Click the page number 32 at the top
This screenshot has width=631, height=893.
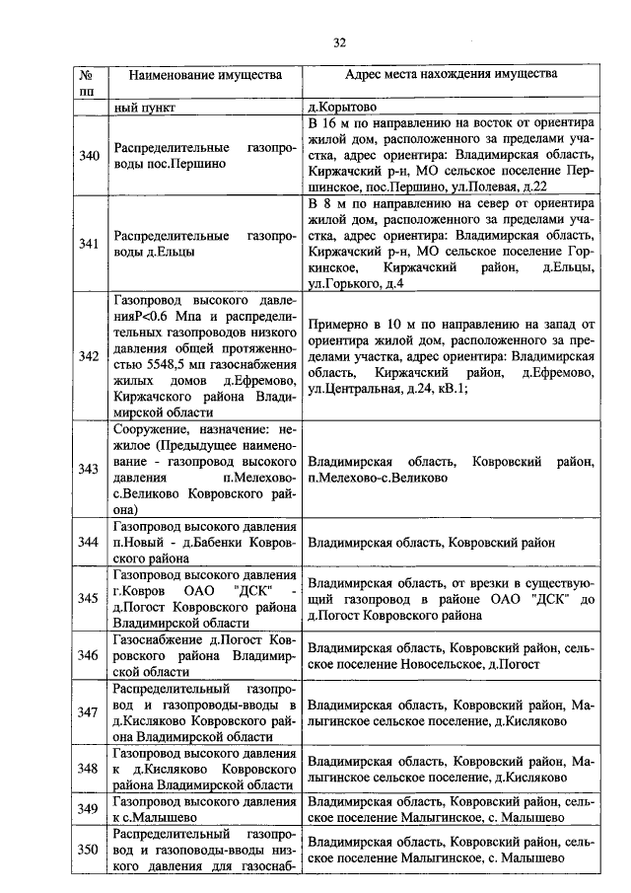[x=339, y=42]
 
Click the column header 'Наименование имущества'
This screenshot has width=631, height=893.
[x=204, y=75]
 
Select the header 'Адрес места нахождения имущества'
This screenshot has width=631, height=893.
[x=451, y=75]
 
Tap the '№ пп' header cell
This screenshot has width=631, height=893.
[x=88, y=83]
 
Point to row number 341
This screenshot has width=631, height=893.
[x=88, y=245]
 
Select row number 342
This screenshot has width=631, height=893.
[x=88, y=356]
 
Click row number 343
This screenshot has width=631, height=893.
[x=88, y=469]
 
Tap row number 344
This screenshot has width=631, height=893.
[x=88, y=542]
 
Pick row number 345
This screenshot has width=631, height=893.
[x=88, y=598]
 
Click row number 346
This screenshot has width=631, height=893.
[x=88, y=654]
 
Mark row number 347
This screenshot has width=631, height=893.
[x=88, y=711]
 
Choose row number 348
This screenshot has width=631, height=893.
[x=88, y=769]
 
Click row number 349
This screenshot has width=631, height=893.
[x=88, y=809]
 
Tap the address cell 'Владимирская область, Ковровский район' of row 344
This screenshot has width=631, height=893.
[x=431, y=543]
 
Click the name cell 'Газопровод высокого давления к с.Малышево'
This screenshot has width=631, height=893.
[x=204, y=809]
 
